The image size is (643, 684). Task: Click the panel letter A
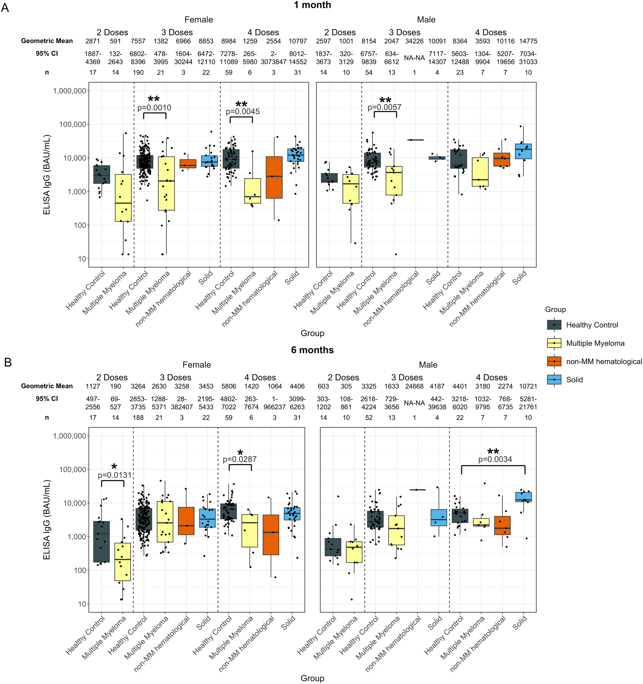pos(5,8)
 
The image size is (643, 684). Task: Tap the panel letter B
pos(8,363)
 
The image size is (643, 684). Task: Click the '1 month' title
pos(312,5)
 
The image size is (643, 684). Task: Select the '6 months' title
pos(312,350)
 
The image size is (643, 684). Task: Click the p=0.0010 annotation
pos(154,108)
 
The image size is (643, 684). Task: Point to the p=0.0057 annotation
pos(385,107)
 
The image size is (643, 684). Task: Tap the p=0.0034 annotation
pos(495,459)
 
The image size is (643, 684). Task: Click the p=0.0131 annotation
pos(115,476)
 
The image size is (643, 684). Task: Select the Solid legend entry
pos(574,380)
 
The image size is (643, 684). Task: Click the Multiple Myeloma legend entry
pos(595,343)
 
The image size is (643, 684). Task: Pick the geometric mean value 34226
pos(414,41)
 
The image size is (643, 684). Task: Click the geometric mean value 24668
pos(414,386)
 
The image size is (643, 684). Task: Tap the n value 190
pos(138,73)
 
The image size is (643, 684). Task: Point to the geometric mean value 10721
pos(528,386)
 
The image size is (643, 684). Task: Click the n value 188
pos(138,418)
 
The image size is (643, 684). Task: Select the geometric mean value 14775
pos(528,41)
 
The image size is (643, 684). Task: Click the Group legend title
pos(555,310)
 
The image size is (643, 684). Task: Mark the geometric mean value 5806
pos(229,386)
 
